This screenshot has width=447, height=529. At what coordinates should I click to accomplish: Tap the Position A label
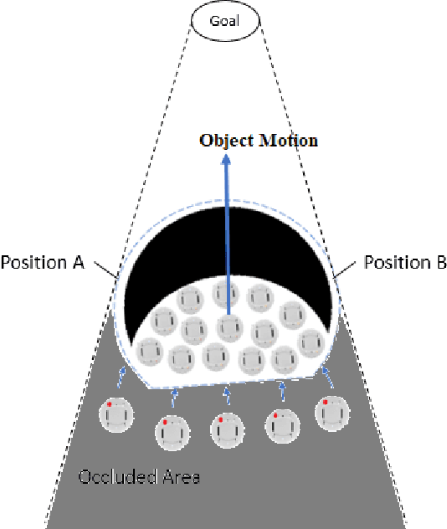(43, 263)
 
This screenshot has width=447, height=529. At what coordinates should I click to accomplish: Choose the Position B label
(405, 263)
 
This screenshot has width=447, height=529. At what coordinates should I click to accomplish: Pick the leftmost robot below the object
(116, 414)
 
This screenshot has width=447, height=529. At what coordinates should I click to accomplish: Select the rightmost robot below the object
(333, 413)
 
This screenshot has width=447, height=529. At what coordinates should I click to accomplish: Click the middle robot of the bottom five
(226, 430)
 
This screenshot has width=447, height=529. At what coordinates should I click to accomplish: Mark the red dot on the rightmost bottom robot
(325, 403)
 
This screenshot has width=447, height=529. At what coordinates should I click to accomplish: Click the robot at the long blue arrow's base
(229, 327)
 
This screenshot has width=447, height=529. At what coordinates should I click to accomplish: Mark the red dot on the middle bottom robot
(220, 419)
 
